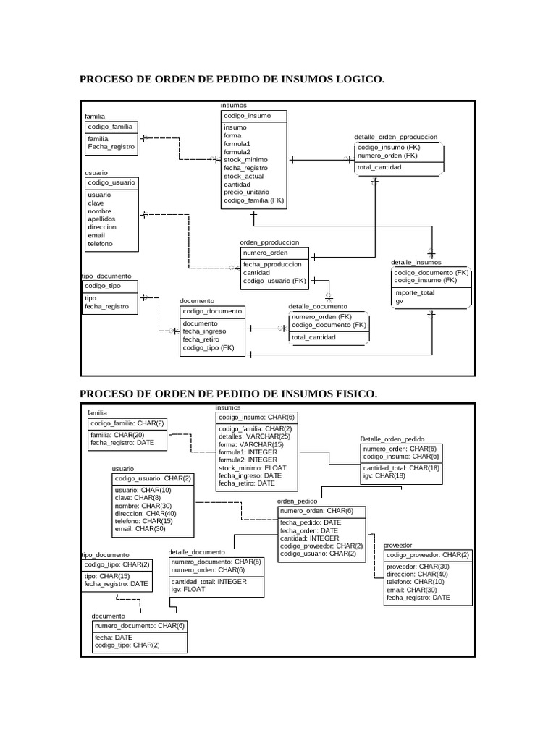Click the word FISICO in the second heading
pos(352,394)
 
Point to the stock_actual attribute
pos(244,176)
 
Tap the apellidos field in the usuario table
pos(101,219)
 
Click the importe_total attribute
pos(414,292)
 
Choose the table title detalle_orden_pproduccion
pos(395,137)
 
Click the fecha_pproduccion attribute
pos(272,265)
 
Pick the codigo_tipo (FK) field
pos(208,348)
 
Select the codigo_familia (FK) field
pos(254,200)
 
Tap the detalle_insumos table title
pos(416,262)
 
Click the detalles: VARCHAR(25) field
pos(254,436)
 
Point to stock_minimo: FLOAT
pos(253,468)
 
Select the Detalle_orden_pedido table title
pos(392,439)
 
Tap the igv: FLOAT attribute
pos(188,589)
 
